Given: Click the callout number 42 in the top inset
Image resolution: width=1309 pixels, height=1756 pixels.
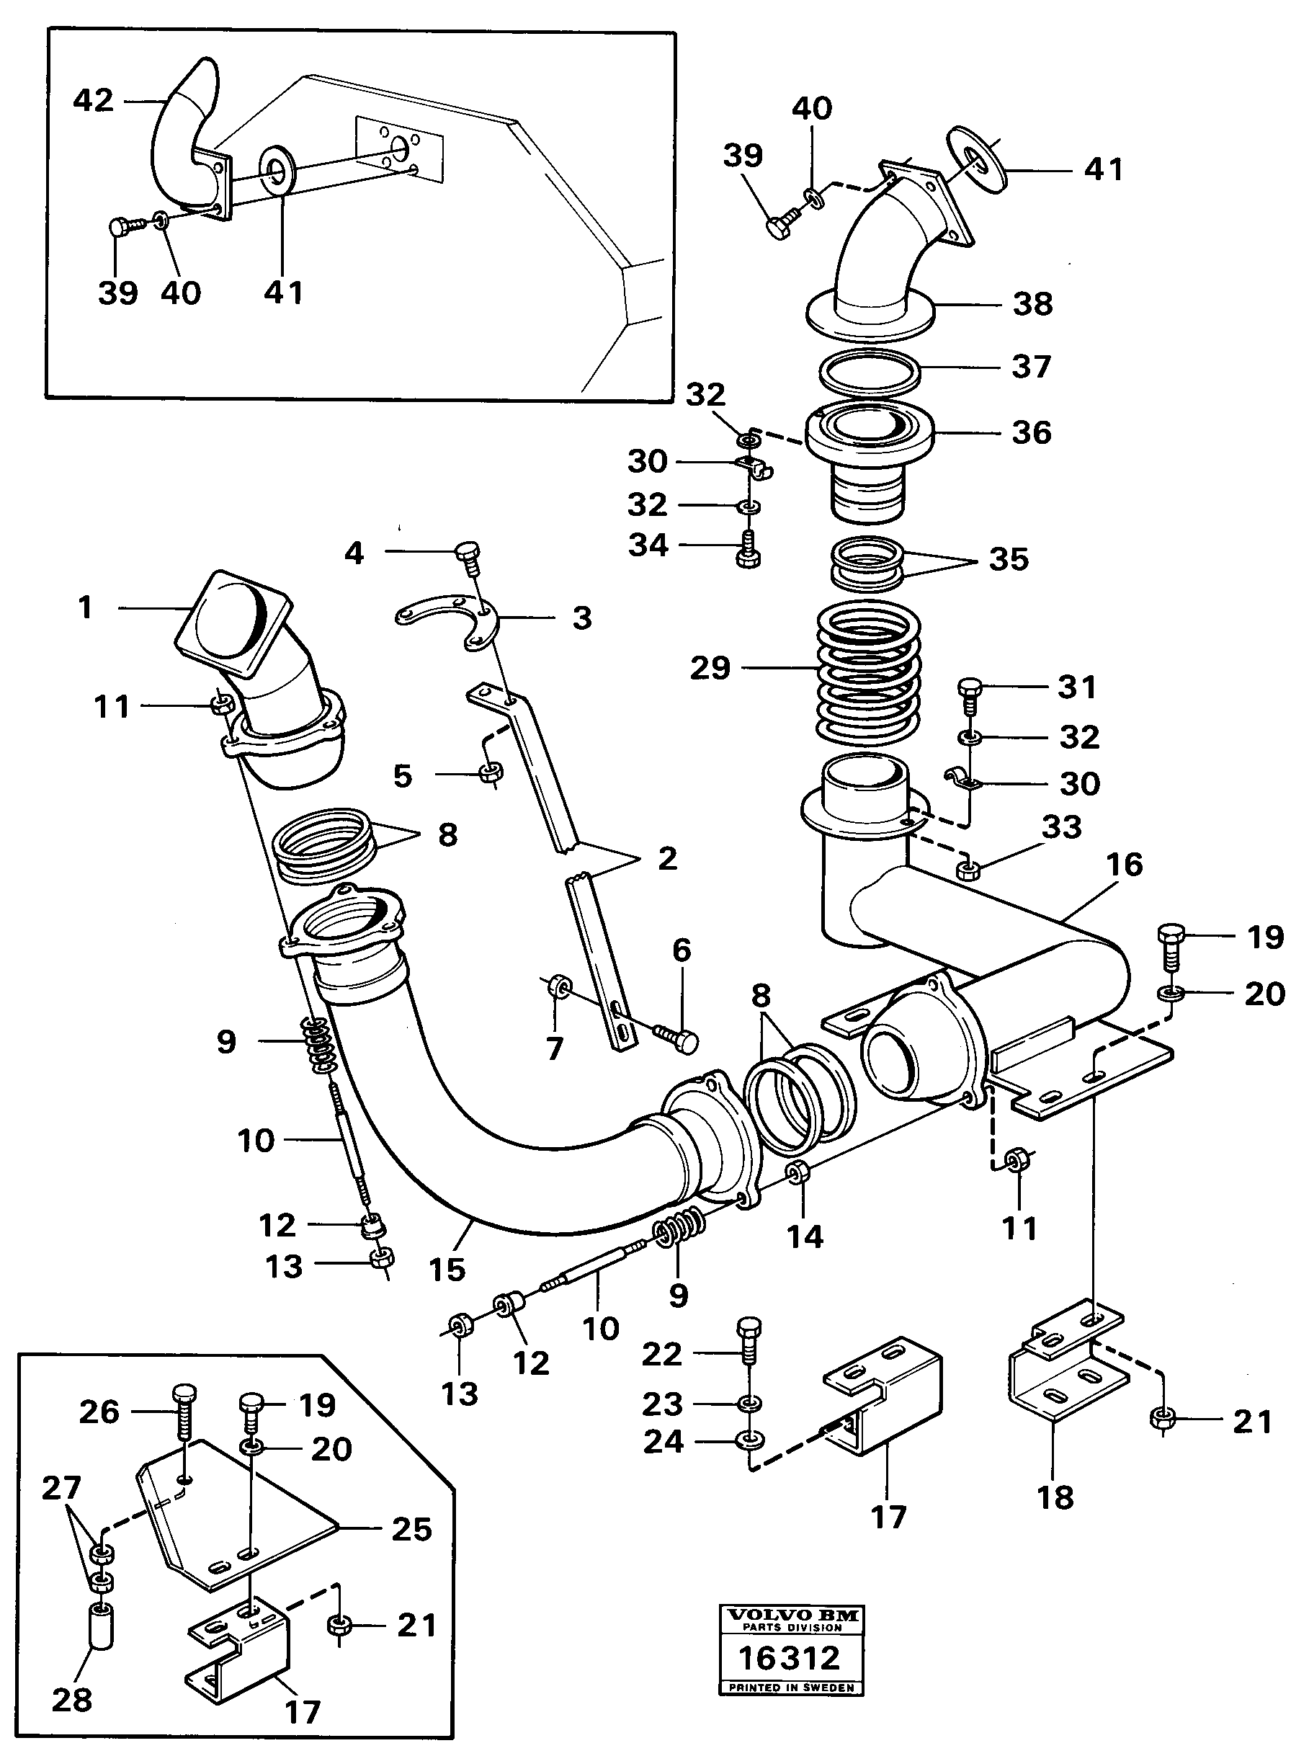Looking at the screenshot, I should click(93, 101).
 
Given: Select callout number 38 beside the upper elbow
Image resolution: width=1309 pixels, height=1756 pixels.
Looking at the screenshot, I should click(1032, 304).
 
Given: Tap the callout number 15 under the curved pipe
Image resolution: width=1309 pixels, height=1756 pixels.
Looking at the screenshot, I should click(446, 1270).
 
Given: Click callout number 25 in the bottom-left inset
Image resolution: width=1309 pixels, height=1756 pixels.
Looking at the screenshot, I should click(411, 1528).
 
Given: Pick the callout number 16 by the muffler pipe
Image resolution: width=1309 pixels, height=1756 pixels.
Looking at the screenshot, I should click(1124, 865).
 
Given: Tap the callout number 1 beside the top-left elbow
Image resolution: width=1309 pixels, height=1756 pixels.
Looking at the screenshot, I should click(86, 607).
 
